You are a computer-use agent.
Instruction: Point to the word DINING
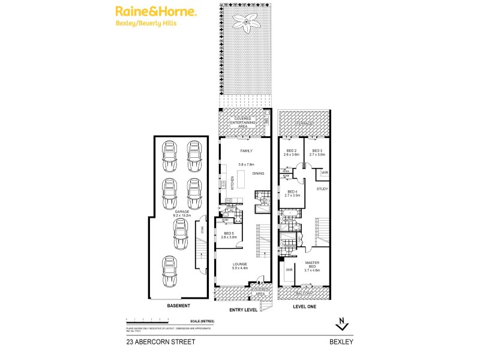[259, 173]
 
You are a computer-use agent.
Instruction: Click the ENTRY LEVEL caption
[244, 310]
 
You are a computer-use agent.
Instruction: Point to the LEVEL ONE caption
[304, 306]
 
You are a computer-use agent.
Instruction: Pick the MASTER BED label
[313, 265]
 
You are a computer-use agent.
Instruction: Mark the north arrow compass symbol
[341, 325]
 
